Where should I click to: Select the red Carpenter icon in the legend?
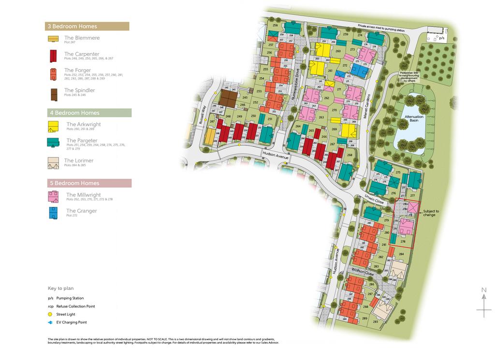coord(53,56)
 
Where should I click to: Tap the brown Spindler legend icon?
coord(53,93)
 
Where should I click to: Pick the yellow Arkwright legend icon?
coord(54,127)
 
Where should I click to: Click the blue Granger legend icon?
coord(53,213)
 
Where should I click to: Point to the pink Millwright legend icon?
coord(53,197)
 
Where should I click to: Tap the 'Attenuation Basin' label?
coord(414,119)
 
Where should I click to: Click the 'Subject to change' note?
coord(431,213)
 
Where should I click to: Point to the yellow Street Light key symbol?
coord(50,314)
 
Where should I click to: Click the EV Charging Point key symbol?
coord(50,322)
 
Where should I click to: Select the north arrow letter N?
coord(483,290)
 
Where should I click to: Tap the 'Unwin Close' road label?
coord(374,199)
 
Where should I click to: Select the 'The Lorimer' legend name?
coord(79,160)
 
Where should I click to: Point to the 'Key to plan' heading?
coord(60,288)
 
